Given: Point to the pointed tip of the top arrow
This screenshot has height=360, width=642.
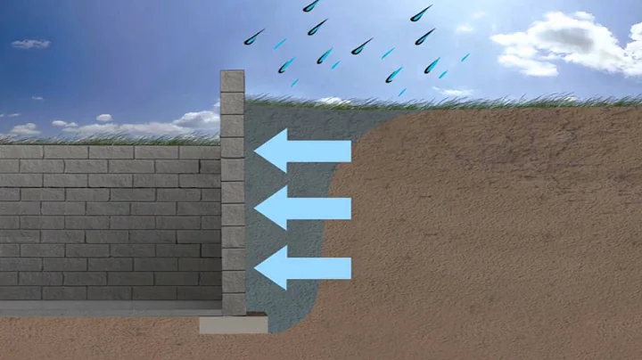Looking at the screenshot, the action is (x=256, y=151).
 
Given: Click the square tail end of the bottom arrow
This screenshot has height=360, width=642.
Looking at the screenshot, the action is (x=350, y=268).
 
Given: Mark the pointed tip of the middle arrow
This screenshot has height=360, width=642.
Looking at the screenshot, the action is (x=256, y=209).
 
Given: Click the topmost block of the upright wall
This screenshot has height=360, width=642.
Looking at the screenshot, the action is (x=232, y=80).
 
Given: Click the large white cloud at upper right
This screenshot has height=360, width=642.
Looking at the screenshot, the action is (x=571, y=45).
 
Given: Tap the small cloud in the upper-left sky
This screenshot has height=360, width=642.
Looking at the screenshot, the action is (x=29, y=43).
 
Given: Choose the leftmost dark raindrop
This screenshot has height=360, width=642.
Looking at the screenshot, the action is (x=254, y=37).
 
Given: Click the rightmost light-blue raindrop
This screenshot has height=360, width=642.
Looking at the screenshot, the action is (x=465, y=57).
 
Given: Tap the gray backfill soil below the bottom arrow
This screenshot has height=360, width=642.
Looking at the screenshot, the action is (x=285, y=307).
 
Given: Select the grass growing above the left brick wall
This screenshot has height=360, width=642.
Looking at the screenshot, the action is (x=107, y=138).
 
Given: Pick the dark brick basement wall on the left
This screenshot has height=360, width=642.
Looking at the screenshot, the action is (x=107, y=223).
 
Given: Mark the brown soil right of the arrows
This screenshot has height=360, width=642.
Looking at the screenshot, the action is (x=490, y=223).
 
